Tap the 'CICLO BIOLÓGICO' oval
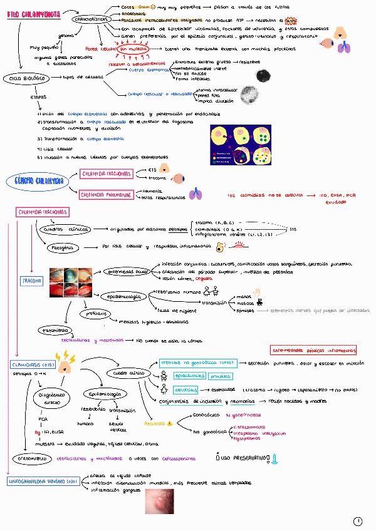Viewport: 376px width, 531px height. pos(28,78)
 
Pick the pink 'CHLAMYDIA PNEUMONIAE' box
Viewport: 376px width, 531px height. pos(106,195)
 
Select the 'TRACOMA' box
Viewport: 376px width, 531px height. pos(32,281)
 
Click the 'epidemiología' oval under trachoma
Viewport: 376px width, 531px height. pos(124,296)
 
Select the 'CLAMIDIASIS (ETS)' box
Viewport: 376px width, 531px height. pos(31,364)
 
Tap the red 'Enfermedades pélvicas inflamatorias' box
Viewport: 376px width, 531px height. pos(313,350)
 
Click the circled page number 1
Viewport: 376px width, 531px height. pos(358,520)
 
